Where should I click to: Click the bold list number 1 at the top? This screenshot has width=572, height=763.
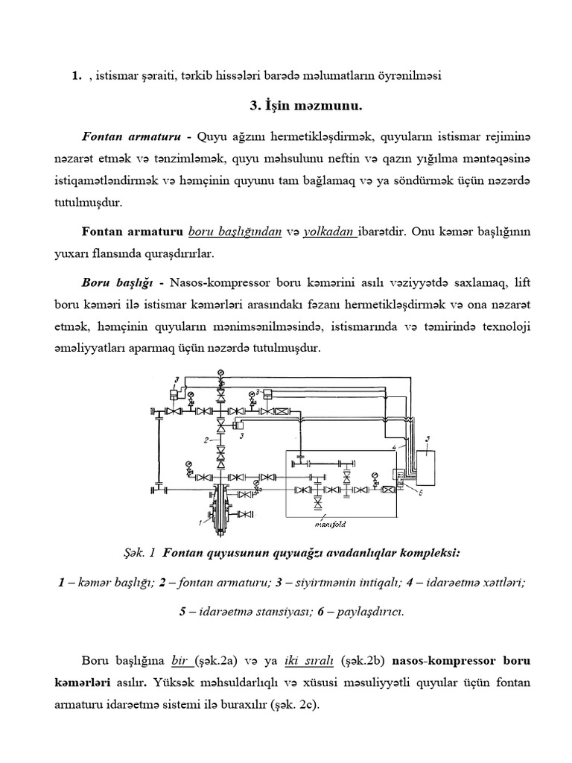[x=75, y=75]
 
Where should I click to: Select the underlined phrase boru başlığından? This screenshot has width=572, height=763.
[x=235, y=232]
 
